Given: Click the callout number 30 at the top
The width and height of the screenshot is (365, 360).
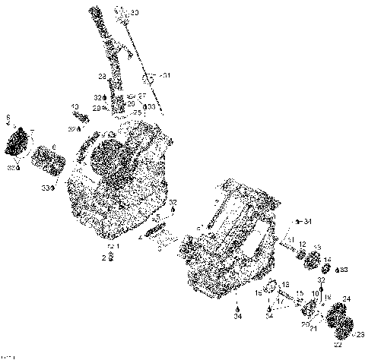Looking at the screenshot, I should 135,13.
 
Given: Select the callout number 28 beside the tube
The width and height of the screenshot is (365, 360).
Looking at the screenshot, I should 100,76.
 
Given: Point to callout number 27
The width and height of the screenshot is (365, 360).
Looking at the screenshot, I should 142,96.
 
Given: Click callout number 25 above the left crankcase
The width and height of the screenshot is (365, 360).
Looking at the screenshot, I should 137,112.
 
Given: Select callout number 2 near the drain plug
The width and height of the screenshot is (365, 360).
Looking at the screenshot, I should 104,258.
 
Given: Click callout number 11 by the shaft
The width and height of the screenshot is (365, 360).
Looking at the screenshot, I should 290,239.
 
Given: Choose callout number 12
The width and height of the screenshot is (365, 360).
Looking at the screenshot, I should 302,244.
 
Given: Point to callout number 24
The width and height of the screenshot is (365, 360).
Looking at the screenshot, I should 347,298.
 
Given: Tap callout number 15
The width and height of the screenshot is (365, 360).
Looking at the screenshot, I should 300,293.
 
